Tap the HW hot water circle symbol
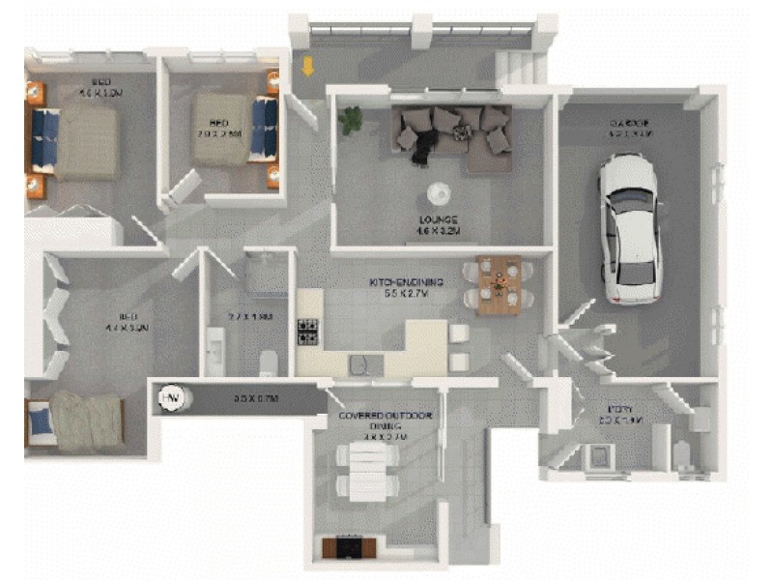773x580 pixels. point(171,398)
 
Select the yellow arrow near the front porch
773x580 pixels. point(308,67)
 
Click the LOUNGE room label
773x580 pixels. point(438,219)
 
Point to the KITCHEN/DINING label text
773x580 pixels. point(406,282)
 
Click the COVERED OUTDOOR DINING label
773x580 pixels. point(385,417)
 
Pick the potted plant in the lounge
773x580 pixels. point(349,119)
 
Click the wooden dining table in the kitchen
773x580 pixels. point(499,285)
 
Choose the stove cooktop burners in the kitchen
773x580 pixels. point(308,332)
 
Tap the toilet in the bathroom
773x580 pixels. point(268,362)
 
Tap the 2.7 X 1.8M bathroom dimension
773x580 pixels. point(250,316)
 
